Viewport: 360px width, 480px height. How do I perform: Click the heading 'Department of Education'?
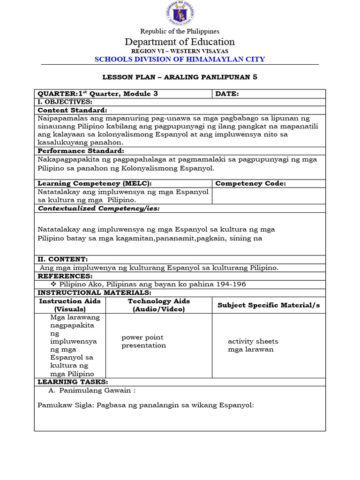[x=180, y=42]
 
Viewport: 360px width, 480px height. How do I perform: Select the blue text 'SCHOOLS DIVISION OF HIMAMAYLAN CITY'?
[x=180, y=59]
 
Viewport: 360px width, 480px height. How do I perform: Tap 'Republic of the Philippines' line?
[x=180, y=31]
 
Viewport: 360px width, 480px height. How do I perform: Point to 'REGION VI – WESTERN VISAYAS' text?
[x=180, y=51]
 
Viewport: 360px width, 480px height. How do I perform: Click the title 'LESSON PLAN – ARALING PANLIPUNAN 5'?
[x=180, y=77]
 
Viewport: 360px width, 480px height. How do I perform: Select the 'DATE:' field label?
[x=227, y=94]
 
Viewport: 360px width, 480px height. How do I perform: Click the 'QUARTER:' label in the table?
[x=53, y=94]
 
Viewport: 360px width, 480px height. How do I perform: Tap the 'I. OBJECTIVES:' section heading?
[x=65, y=102]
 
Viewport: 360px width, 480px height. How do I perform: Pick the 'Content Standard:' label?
[x=72, y=110]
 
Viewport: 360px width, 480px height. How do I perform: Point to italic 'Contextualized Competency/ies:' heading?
[x=98, y=208]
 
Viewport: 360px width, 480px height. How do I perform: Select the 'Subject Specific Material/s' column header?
[x=269, y=305]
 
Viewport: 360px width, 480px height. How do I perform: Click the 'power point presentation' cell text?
[x=143, y=341]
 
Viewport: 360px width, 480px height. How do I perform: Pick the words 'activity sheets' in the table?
[x=253, y=341]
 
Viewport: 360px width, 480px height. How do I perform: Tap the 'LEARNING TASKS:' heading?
[x=73, y=382]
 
